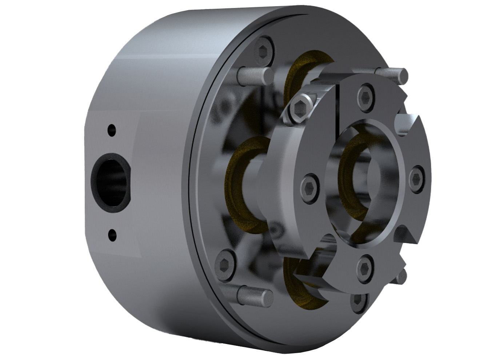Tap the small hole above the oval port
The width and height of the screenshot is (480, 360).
pos(112,129)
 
